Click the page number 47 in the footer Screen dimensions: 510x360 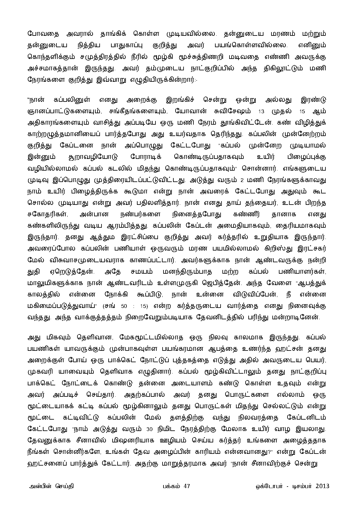187,486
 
